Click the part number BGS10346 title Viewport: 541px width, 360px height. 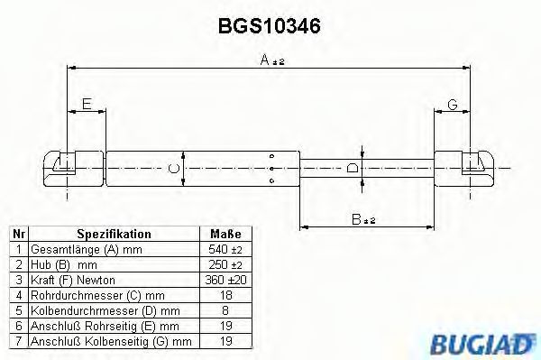click(270, 28)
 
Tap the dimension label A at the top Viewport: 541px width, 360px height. click(266, 60)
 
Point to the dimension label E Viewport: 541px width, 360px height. click(87, 105)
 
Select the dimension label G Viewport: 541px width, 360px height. click(452, 105)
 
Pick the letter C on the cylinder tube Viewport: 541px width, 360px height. click(172, 167)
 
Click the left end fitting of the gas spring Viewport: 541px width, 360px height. click(66, 166)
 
